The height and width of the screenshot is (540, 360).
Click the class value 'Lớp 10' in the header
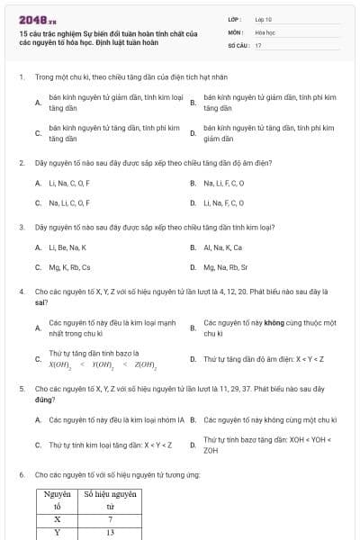click(263, 18)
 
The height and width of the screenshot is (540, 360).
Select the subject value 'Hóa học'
click(264, 31)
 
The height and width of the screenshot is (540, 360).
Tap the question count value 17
click(258, 44)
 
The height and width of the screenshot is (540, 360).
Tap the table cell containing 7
click(110, 519)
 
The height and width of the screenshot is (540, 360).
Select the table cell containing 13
click(110, 533)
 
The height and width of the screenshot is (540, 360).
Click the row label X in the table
click(58, 519)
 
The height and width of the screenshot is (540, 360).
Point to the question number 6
click(21, 474)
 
